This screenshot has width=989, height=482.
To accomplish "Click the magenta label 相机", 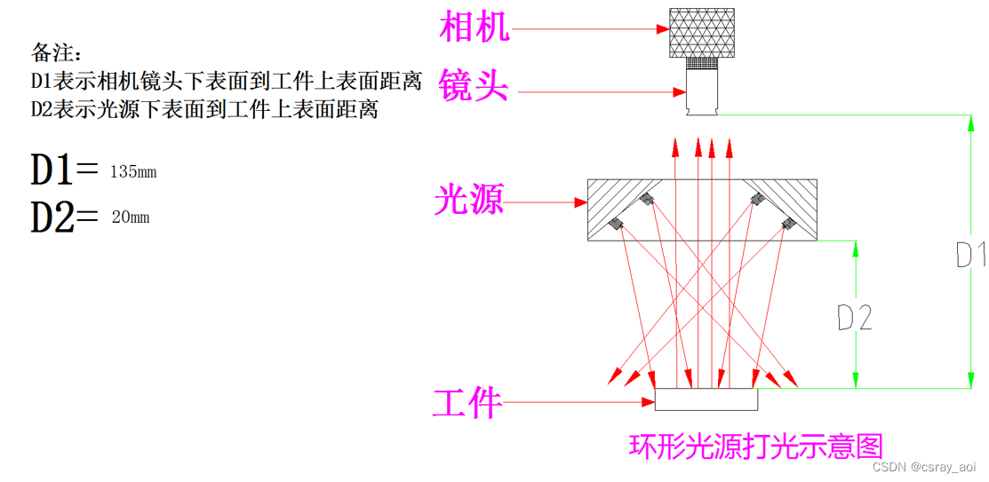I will [x=475, y=28].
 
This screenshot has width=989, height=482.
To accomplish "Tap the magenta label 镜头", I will [x=475, y=88].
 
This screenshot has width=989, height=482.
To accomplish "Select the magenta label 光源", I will [x=468, y=201].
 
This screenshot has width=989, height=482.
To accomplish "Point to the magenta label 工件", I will [x=467, y=404].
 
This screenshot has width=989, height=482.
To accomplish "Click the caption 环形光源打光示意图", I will [x=756, y=446].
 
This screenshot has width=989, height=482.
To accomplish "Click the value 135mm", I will [x=133, y=172].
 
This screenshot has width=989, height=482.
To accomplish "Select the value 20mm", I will [x=131, y=217].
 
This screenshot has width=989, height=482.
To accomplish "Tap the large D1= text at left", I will [x=64, y=170].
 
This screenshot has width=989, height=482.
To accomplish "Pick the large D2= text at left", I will [x=64, y=216].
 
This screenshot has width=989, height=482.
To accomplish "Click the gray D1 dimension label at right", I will [x=970, y=254].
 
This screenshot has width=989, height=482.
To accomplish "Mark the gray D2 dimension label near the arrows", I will [x=855, y=317].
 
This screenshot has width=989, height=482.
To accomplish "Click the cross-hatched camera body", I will [x=702, y=31].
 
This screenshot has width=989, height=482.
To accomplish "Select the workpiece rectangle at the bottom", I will [x=706, y=399].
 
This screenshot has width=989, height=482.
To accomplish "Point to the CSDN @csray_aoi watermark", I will [x=924, y=467].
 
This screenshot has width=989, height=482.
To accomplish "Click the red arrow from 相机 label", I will [x=591, y=28].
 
